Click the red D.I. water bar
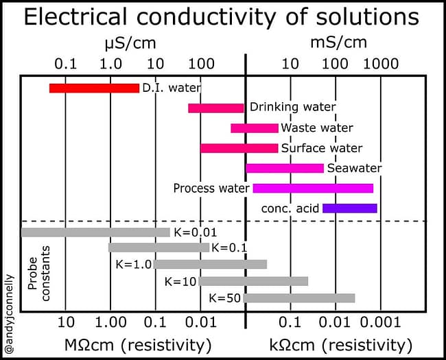pyautogui.click(x=94, y=88)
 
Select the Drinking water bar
pyautogui.click(x=215, y=108)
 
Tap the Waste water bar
pyautogui.click(x=254, y=128)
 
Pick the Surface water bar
pyautogui.click(x=239, y=148)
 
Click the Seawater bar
pyautogui.click(x=284, y=168)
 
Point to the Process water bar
pyautogui.click(x=313, y=188)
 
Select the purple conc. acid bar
pyautogui.click(x=349, y=208)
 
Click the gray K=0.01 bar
pyautogui.click(x=95, y=232)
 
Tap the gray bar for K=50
pyautogui.click(x=299, y=298)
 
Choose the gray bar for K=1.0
pyautogui.click(x=210, y=264)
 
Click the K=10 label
pyautogui.click(x=181, y=281)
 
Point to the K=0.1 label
pyautogui.click(x=229, y=248)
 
